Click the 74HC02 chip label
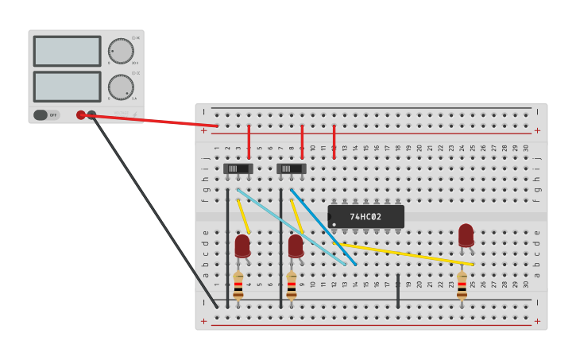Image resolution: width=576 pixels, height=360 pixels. [x=365, y=217]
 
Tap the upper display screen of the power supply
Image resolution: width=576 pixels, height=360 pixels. [x=67, y=51]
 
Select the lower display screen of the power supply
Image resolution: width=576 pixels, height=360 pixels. [x=67, y=87]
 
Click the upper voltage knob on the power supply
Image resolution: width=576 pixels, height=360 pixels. [x=121, y=51]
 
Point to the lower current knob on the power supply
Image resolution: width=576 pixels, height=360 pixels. [x=121, y=87]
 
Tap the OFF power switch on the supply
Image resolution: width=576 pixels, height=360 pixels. [x=47, y=115]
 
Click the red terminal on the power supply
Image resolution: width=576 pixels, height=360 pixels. [x=81, y=115]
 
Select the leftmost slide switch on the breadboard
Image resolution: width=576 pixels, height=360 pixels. [x=238, y=168]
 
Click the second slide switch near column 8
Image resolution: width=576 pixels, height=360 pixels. [x=291, y=168]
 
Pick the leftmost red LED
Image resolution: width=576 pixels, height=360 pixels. [x=242, y=246]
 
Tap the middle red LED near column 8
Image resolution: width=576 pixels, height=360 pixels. [x=296, y=246]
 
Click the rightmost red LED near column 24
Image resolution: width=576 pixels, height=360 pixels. [x=466, y=235]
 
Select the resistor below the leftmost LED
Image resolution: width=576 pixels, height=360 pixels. [x=238, y=285]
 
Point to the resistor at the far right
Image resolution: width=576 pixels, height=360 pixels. [x=462, y=285]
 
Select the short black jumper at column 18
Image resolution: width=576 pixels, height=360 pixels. [x=398, y=292]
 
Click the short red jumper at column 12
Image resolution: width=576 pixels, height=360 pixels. [x=334, y=141]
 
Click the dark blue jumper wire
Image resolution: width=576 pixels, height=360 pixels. [x=323, y=226]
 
